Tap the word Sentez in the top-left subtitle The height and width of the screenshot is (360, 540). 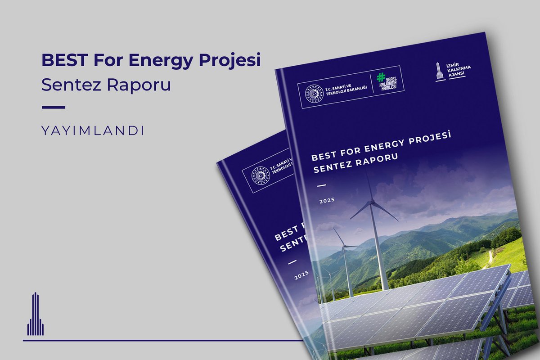click(68, 85)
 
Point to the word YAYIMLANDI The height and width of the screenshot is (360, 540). click(93, 131)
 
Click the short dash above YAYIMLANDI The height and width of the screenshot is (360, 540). click(53, 108)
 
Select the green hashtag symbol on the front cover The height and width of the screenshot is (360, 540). click(382, 77)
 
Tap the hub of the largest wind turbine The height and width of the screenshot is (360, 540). click(372, 203)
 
